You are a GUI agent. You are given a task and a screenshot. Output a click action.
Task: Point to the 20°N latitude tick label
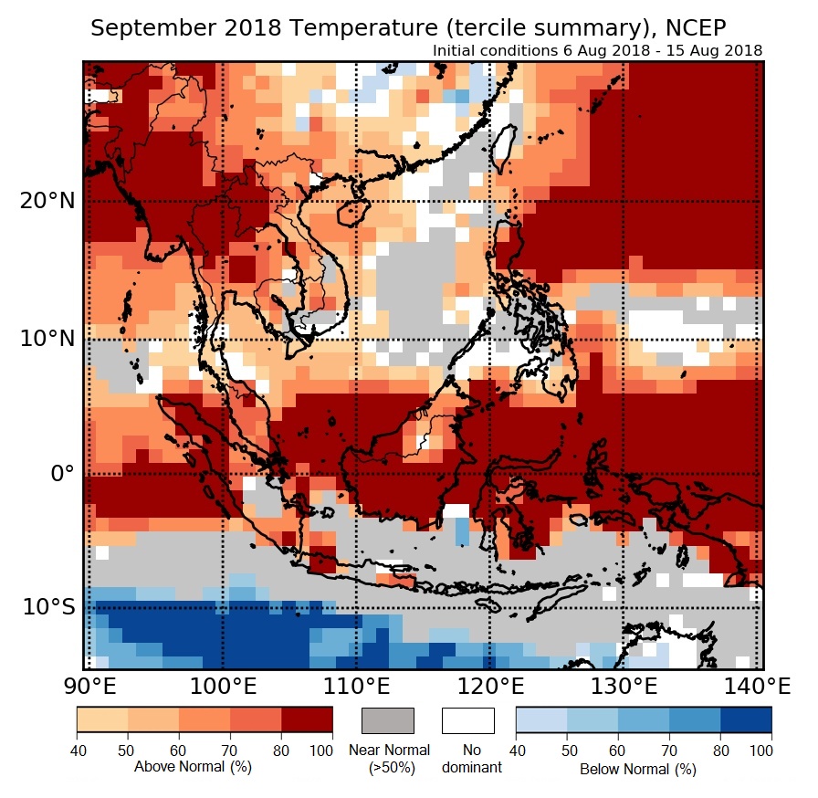(46, 201)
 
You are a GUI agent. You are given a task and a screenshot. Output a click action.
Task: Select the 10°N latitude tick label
(46, 339)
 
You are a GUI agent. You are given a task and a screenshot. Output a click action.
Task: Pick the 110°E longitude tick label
(355, 685)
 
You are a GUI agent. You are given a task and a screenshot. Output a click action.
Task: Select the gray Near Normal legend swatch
(388, 720)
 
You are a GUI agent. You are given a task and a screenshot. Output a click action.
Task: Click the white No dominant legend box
(468, 720)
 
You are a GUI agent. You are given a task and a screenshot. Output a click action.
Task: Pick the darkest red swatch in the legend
(307, 720)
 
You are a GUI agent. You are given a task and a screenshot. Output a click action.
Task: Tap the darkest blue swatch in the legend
(746, 720)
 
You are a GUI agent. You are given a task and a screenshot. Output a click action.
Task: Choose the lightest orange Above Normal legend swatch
(101, 720)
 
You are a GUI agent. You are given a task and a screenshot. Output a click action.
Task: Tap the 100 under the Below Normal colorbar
(760, 750)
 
